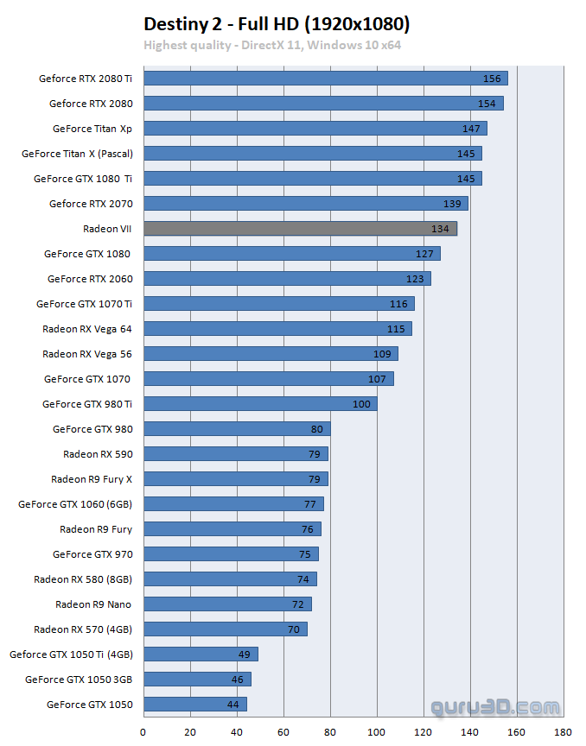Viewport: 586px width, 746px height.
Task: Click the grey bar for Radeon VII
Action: (x=300, y=228)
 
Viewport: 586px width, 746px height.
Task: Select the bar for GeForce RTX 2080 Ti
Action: (x=325, y=78)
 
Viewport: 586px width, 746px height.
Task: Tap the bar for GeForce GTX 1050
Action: (x=194, y=704)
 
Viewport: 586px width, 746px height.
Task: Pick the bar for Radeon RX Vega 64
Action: (x=277, y=328)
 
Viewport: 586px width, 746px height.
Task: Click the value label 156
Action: (x=492, y=79)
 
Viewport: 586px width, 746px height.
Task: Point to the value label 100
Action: (x=361, y=404)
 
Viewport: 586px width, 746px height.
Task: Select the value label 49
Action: (x=244, y=654)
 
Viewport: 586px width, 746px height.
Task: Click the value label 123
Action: (x=416, y=279)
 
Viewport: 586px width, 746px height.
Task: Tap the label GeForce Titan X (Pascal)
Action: (x=77, y=153)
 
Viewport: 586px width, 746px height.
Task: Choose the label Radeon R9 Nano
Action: (x=93, y=604)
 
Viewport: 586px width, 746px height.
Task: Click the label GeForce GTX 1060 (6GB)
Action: (x=75, y=503)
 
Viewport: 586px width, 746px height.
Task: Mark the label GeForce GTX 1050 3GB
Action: (x=79, y=679)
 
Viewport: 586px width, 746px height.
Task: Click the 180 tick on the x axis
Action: (x=564, y=730)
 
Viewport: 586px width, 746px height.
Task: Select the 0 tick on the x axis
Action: (x=143, y=730)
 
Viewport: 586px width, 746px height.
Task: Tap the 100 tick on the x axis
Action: (x=377, y=730)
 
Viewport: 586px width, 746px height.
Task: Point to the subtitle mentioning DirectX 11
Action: (x=272, y=44)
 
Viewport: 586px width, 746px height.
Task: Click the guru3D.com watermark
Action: (x=495, y=707)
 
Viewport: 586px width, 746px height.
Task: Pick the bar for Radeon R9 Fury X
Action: (x=235, y=478)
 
